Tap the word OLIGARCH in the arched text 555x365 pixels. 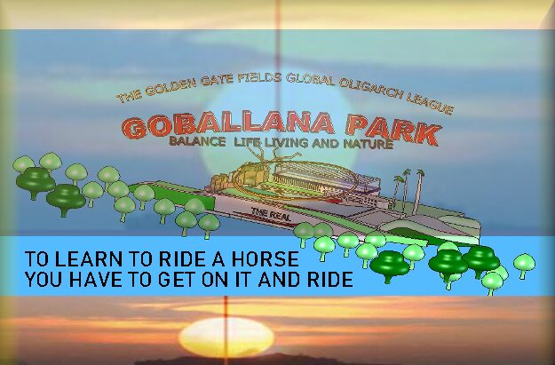[x=371, y=89]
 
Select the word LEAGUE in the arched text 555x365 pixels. [x=430, y=103]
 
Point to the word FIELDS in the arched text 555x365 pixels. [x=259, y=78]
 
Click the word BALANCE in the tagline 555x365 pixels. [x=197, y=141]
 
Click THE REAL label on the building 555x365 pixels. [x=271, y=214]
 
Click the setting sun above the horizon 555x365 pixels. [x=226, y=337]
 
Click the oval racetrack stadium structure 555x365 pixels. [x=297, y=180]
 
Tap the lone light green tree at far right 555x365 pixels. [x=524, y=266]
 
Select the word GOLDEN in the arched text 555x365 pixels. [x=170, y=85]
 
